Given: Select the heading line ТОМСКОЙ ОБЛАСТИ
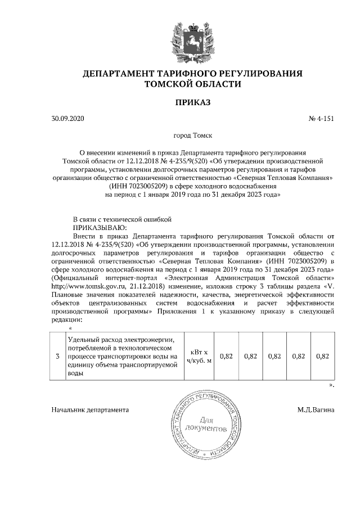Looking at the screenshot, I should click(192, 84).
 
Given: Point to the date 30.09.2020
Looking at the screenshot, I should click(66, 119).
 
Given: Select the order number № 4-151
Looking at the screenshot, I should click(321, 119).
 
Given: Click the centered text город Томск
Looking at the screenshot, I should click(192, 136).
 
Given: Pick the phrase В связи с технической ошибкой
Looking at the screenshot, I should click(121, 219).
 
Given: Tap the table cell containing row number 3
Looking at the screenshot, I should click(57, 356).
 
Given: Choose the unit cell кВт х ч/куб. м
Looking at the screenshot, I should click(201, 356).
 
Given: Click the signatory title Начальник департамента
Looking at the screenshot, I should click(89, 410).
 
